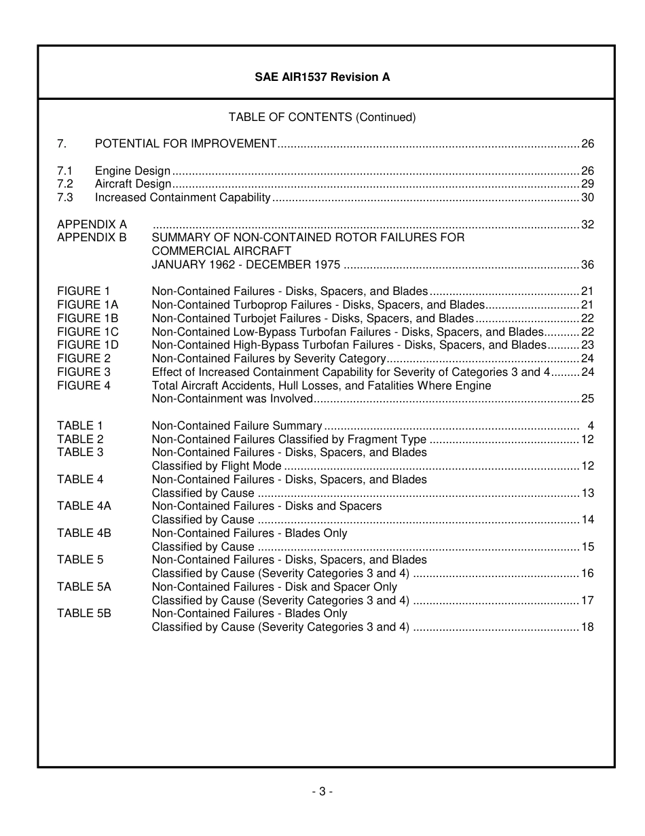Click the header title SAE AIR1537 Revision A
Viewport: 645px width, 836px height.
322,77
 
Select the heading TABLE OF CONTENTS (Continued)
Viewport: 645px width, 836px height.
322,117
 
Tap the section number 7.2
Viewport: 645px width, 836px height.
65,184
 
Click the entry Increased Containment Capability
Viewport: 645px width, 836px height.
183,198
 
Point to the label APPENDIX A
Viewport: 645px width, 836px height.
92,224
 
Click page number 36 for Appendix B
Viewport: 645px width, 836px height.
587,264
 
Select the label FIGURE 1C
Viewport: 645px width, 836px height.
88,332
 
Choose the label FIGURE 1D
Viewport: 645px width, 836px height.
88,345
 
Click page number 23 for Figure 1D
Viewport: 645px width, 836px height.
587,345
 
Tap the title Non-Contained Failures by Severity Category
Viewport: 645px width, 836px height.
269,358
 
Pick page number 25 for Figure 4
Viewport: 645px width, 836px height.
587,399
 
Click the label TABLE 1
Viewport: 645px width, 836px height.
80,426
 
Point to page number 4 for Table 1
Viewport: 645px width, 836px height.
591,426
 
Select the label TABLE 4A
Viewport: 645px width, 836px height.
84,506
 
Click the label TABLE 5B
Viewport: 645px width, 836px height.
84,613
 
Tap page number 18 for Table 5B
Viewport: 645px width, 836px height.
587,627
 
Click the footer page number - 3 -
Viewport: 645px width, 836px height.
322,791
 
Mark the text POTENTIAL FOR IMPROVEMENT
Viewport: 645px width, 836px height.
185,144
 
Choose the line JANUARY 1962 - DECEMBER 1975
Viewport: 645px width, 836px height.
246,264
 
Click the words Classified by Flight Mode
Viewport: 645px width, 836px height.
217,466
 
